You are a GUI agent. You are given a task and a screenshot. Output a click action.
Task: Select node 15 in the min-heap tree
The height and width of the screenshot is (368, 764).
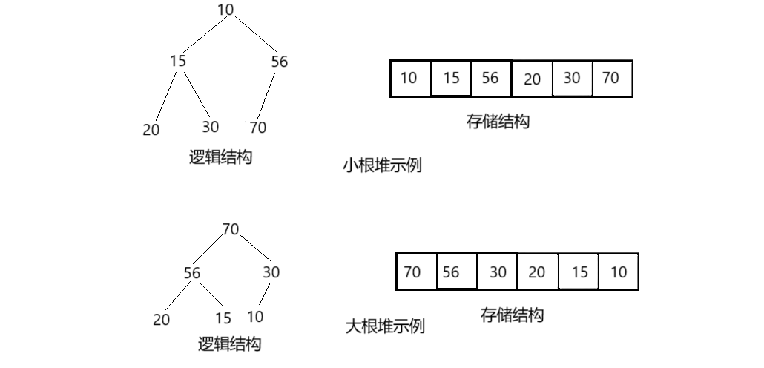(x=177, y=61)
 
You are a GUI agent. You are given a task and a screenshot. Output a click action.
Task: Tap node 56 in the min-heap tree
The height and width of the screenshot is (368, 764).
(x=279, y=62)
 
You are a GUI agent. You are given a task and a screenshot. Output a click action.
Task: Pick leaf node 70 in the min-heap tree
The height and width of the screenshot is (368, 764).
(x=257, y=128)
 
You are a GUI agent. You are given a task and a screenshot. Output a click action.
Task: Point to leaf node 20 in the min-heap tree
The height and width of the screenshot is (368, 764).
(x=151, y=129)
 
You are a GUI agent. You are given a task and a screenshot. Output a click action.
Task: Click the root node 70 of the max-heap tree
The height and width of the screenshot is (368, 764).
(x=231, y=229)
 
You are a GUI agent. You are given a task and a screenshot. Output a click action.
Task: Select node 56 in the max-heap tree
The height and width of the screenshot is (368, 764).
(x=192, y=273)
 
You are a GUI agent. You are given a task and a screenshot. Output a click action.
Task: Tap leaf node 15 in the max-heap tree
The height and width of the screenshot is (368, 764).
(x=223, y=318)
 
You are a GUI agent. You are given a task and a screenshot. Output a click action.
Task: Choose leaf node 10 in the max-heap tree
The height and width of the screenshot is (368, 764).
(x=255, y=317)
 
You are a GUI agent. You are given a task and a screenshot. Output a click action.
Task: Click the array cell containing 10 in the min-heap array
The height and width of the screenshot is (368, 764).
(x=409, y=78)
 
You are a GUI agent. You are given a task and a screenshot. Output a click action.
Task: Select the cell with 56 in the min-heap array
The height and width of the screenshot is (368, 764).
(x=490, y=78)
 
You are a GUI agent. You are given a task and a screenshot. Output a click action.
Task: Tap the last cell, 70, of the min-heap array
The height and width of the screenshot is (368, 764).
(x=611, y=78)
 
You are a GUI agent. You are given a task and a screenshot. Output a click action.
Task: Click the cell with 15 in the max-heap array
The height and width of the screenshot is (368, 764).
(x=579, y=272)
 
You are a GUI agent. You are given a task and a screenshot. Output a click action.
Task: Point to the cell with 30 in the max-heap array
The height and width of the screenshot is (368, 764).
(x=498, y=272)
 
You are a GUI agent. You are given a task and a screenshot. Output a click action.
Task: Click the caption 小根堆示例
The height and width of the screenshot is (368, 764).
(x=381, y=165)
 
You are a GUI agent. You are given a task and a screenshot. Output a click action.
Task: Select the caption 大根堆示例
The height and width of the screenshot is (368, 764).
(x=386, y=326)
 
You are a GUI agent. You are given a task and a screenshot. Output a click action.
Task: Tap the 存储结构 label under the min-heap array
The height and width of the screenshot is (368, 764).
(x=498, y=122)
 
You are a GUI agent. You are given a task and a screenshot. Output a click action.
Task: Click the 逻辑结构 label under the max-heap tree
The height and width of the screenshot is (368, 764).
(x=230, y=344)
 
